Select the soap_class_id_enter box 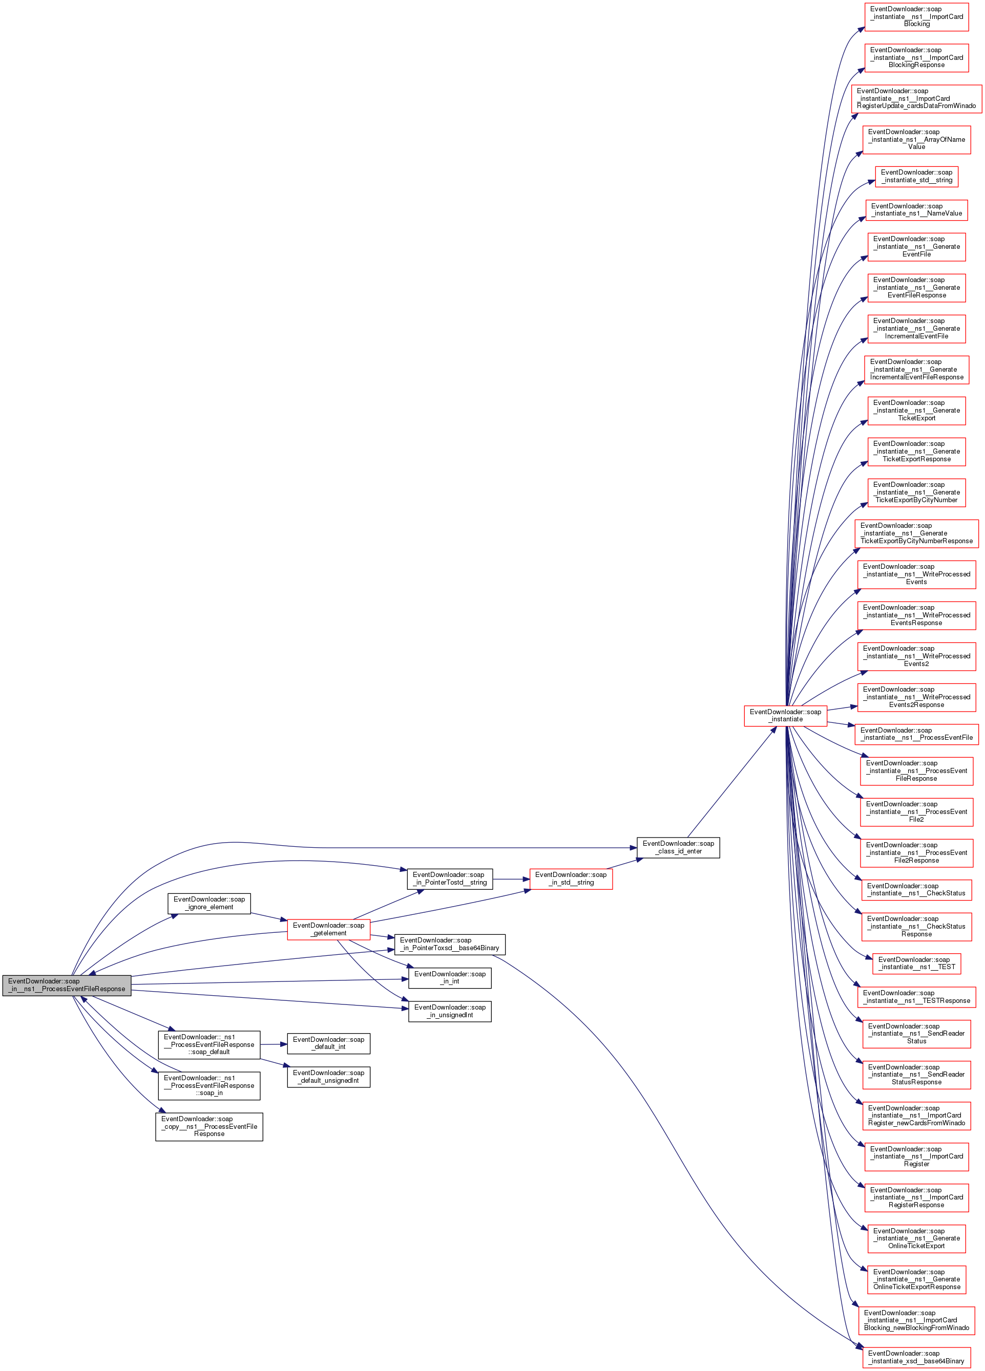678,847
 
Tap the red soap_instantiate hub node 785,715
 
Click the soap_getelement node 328,929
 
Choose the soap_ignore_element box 208,903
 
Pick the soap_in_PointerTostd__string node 449,879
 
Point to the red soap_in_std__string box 571,879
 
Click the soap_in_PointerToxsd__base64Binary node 449,944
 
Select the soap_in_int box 449,977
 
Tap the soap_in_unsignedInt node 449,1011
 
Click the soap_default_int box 328,1043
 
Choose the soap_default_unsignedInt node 328,1076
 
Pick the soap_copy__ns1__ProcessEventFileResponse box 208,1126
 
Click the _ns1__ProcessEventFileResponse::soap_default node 208,1044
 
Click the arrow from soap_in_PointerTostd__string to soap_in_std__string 511,879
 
